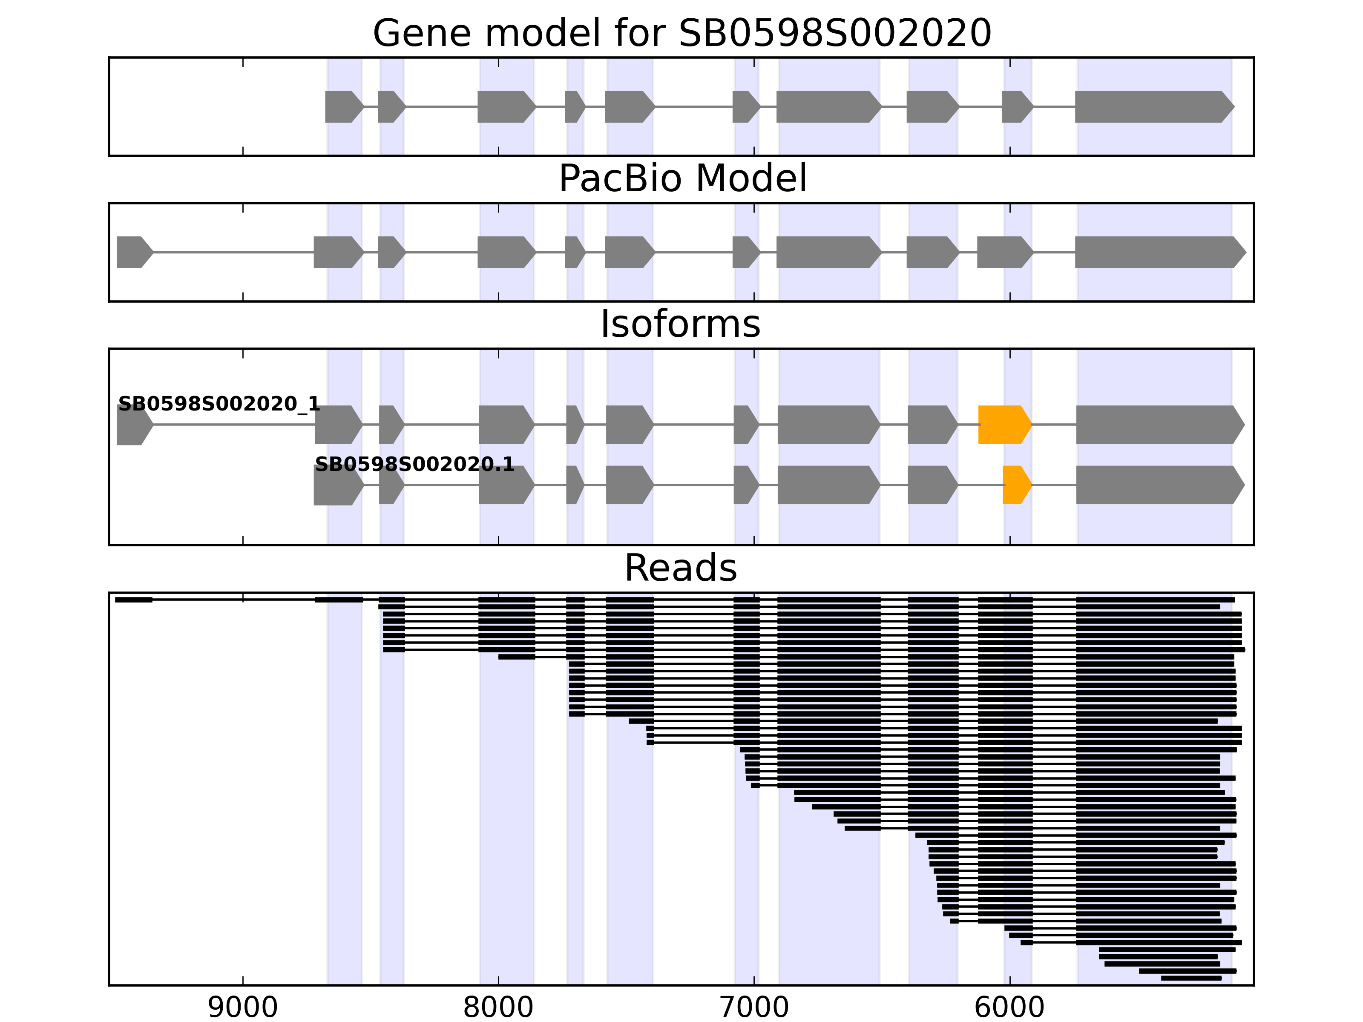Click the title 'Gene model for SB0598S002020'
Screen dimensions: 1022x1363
pos(681,33)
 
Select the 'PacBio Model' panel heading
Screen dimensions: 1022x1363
pos(681,179)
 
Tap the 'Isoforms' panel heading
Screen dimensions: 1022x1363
pos(680,324)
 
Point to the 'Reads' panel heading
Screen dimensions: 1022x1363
pos(680,568)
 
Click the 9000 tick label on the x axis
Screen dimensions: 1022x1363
pos(243,1008)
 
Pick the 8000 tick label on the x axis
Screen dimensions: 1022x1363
pos(498,1008)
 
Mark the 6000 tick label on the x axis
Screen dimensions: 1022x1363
pos(1009,1008)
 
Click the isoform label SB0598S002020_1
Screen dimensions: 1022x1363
pos(219,404)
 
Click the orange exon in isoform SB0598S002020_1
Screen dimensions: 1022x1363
pos(1003,425)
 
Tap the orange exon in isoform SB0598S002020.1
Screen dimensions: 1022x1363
pos(1015,485)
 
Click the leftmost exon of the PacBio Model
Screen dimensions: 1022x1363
pos(133,252)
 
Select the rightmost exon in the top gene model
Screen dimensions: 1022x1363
pos(1152,106)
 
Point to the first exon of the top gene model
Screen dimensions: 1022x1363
pos(342,106)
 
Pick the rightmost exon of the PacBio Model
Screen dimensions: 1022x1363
pos(1159,252)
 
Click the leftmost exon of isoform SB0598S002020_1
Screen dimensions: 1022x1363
pos(133,425)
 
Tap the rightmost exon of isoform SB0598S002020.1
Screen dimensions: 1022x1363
pos(1159,485)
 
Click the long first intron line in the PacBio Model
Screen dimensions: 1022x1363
pos(233,252)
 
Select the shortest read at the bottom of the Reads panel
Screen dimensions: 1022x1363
pos(1190,978)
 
